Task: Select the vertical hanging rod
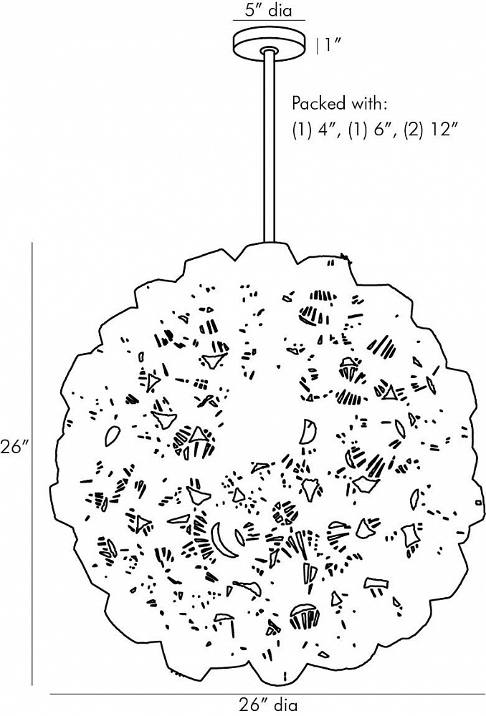coord(270,146)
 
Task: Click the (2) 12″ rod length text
coord(431,131)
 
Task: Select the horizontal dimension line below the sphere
coord(267,694)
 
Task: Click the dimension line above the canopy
coord(269,21)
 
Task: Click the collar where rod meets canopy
coord(269,50)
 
